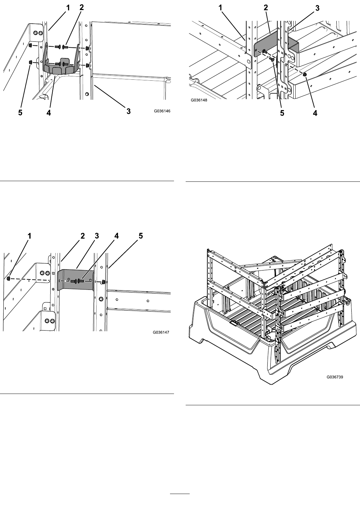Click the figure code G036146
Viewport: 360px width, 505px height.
[162, 111]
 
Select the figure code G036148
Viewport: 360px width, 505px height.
[199, 100]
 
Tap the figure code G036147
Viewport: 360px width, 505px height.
[161, 332]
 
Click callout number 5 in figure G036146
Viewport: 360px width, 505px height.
[20, 112]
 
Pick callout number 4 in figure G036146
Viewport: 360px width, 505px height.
[49, 112]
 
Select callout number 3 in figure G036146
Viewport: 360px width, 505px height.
[128, 111]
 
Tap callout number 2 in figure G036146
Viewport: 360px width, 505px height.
[82, 7]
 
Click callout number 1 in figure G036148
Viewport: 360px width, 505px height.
[220, 8]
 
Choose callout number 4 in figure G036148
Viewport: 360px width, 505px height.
[315, 113]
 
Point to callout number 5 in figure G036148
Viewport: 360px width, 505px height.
[282, 113]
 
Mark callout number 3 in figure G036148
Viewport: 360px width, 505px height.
[317, 8]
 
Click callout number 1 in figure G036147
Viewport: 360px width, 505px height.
[29, 236]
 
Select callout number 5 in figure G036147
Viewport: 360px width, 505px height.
[141, 236]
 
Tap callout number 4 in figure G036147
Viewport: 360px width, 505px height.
[116, 236]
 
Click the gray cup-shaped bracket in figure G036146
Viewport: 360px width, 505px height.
[61, 68]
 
